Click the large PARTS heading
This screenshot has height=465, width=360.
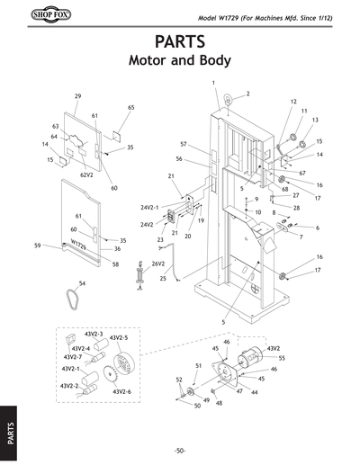(x=180, y=43)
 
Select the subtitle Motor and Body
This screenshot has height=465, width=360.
(x=180, y=62)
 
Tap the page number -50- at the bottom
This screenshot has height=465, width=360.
(x=180, y=450)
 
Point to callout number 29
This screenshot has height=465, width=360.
(x=77, y=96)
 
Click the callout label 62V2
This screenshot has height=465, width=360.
(x=87, y=174)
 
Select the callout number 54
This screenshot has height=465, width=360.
(x=82, y=283)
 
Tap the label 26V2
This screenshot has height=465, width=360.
(x=157, y=264)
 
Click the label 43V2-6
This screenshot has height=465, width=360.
(x=121, y=392)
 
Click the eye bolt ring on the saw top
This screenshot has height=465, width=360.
(x=229, y=97)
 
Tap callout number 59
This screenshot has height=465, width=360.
(x=37, y=245)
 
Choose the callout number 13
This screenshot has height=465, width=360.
(x=314, y=120)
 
